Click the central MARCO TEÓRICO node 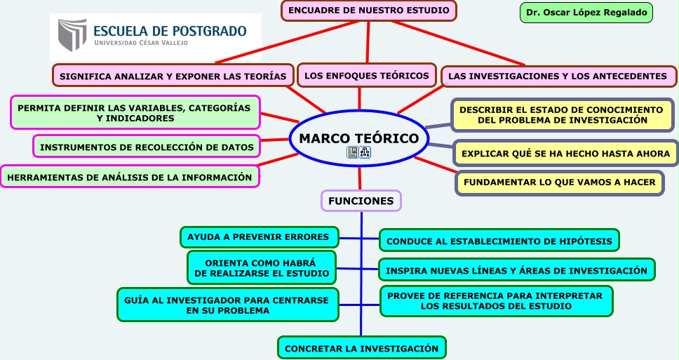[x=358, y=139]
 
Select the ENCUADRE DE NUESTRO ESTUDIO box [x=369, y=11]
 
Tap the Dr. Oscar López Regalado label [x=586, y=13]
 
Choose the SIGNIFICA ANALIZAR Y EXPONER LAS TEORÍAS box [x=173, y=76]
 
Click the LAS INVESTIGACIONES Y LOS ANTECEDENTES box [x=558, y=76]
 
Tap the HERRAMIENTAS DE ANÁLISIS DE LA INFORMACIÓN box [x=129, y=177]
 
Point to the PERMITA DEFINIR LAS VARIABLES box [x=134, y=113]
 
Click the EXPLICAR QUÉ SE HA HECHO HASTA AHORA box [x=565, y=153]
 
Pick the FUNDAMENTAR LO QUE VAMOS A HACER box [x=559, y=182]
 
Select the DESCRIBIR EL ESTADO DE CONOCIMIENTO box [x=561, y=115]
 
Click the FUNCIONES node [x=361, y=201]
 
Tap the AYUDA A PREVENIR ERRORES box [x=259, y=237]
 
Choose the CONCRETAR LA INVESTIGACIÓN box [x=361, y=348]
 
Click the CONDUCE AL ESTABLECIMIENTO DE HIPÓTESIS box [x=499, y=241]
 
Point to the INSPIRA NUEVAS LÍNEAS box [x=516, y=270]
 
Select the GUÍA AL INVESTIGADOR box [x=227, y=305]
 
